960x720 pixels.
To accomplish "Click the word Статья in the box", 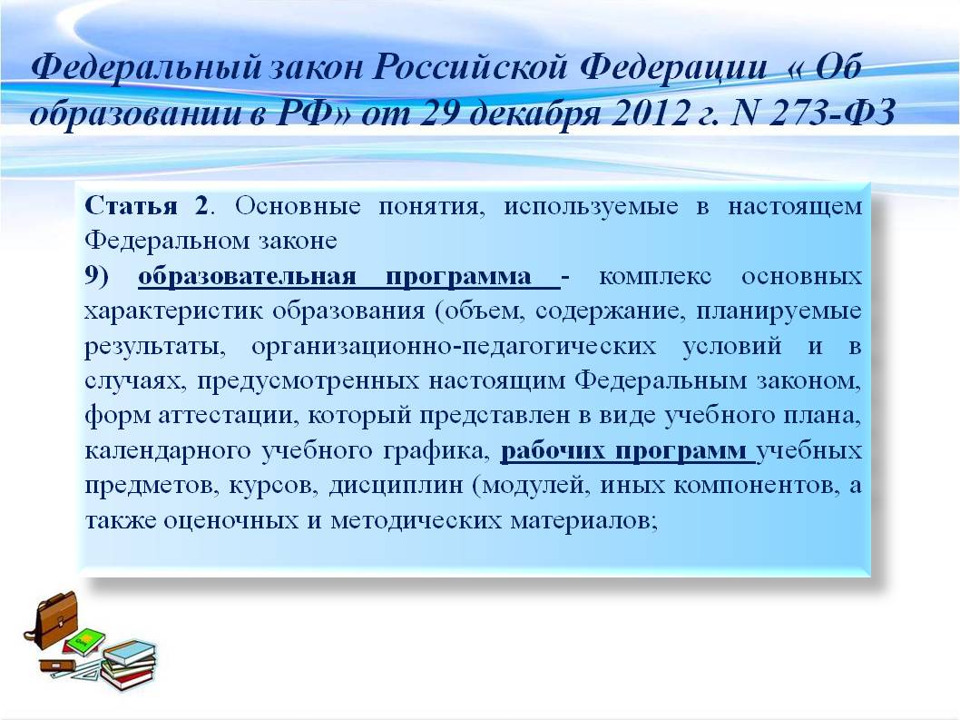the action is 131,206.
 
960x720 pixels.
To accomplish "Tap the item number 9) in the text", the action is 97,276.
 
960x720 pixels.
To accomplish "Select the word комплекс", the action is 655,276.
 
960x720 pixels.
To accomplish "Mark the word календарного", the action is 169,451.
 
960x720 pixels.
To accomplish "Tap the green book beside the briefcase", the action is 85,642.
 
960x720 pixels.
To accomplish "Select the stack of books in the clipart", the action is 129,665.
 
